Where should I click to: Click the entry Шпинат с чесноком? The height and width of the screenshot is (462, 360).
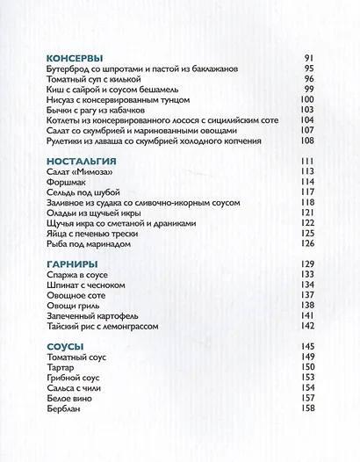tap(83, 285)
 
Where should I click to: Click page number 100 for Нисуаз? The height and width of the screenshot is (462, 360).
tap(306, 99)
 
